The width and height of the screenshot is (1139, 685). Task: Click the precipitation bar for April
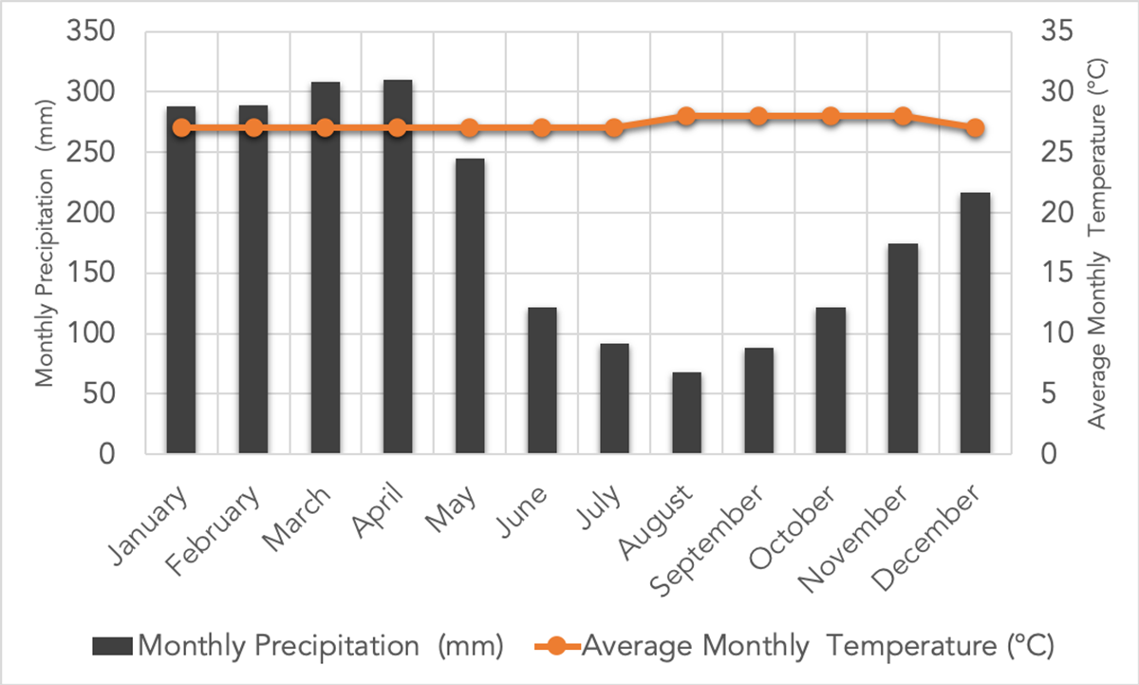398,267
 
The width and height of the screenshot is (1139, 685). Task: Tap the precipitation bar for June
542,380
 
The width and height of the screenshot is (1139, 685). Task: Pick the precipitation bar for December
975,323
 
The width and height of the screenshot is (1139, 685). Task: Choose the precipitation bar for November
903,349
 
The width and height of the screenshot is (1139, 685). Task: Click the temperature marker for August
686,116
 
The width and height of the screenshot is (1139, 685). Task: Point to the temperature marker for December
975,128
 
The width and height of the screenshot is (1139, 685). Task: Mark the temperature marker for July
614,128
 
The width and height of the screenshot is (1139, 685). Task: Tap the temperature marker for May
470,128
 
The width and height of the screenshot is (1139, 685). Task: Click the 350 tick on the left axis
89,32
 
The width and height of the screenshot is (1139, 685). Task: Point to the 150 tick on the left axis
89,274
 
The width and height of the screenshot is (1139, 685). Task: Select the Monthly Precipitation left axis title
45,242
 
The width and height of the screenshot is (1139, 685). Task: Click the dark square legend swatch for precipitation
114,646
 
